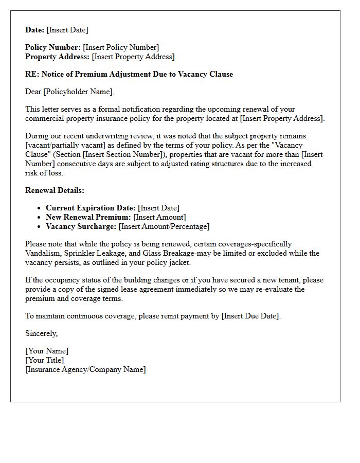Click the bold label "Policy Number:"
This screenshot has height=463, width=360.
coord(53,47)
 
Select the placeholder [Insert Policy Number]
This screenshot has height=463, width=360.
coord(121,47)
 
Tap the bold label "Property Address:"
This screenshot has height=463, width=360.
coord(58,57)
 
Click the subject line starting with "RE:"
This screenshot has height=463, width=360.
coord(129,74)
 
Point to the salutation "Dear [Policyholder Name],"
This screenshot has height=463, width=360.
coord(70,92)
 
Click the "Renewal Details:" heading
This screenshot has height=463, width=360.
coord(55,190)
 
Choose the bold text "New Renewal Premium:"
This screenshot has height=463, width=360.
coord(88,217)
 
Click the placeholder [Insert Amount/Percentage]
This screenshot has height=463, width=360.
coord(164,226)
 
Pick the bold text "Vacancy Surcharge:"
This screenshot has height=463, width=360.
coord(81,226)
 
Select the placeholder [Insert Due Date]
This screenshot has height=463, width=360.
coord(251,316)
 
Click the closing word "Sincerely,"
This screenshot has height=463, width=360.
coord(42,333)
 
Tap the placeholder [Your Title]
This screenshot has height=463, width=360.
coord(45,360)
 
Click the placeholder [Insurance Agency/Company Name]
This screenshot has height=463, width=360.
coord(85,369)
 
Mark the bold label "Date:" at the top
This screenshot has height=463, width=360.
coord(35,30)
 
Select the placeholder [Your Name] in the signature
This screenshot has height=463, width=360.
coord(47,351)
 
